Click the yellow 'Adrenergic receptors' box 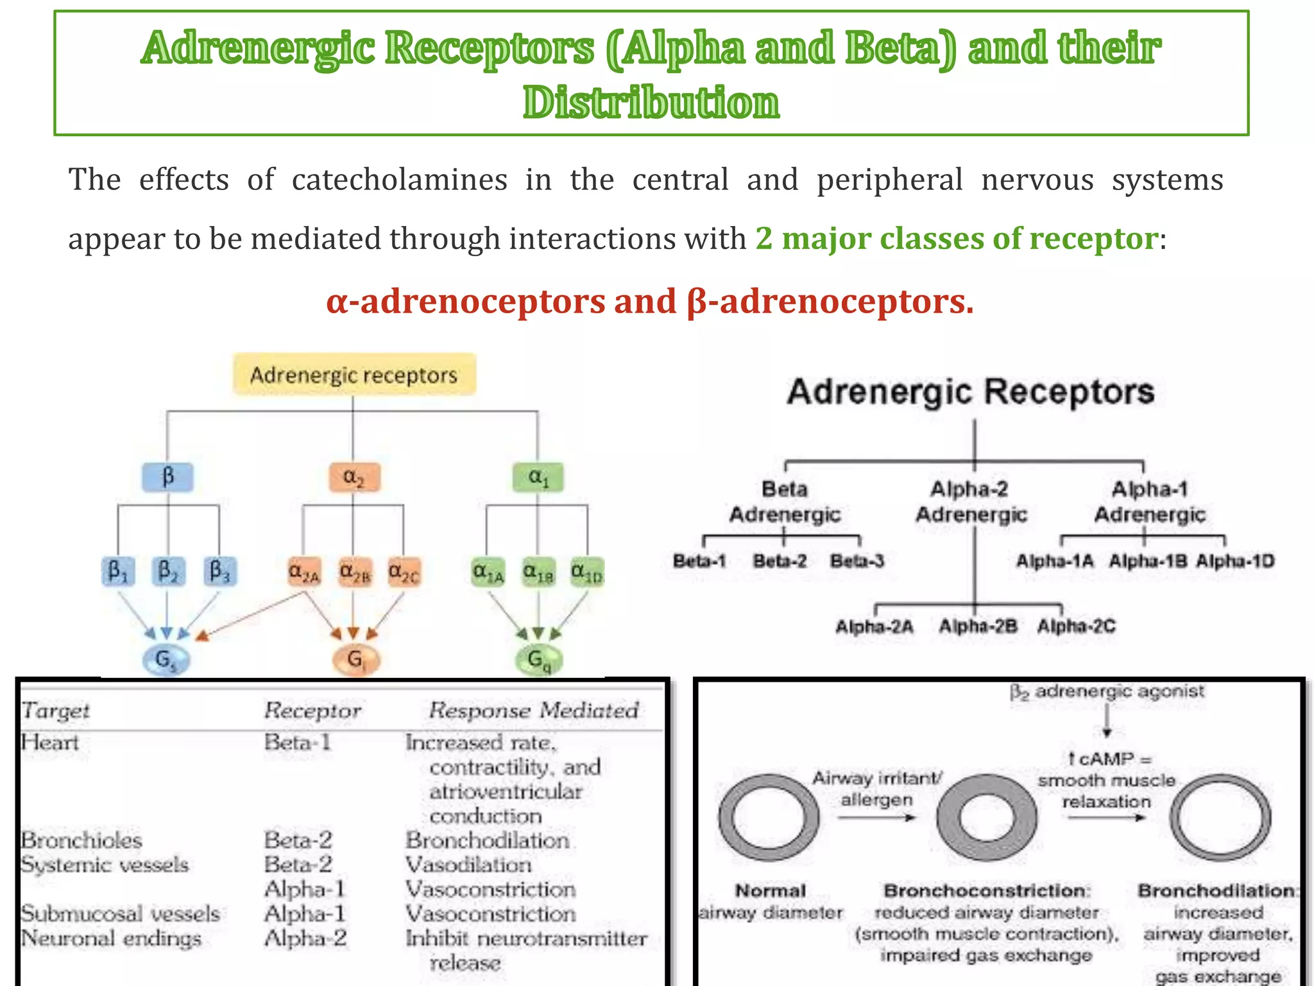point(354,374)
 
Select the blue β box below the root point(167,477)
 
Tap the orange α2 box point(354,477)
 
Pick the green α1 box point(538,477)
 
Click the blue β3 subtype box point(219,571)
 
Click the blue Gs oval point(165,660)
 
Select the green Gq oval point(539,660)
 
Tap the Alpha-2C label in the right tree point(1076,626)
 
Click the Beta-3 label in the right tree point(857,561)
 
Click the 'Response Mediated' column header point(533,710)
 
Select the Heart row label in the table point(49,743)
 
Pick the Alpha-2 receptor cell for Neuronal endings point(305,938)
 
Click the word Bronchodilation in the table point(487,840)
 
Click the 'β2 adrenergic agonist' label point(1107,691)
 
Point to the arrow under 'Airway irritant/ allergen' point(876,818)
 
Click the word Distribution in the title point(651,103)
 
